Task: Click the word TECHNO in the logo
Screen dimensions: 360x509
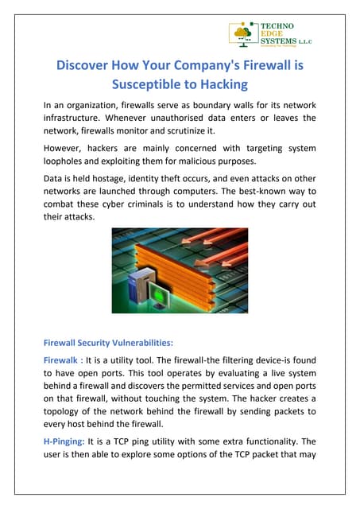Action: click(277, 26)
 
